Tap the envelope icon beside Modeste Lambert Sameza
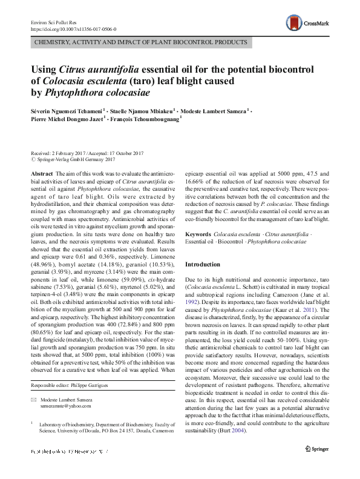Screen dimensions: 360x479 click(33, 400)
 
